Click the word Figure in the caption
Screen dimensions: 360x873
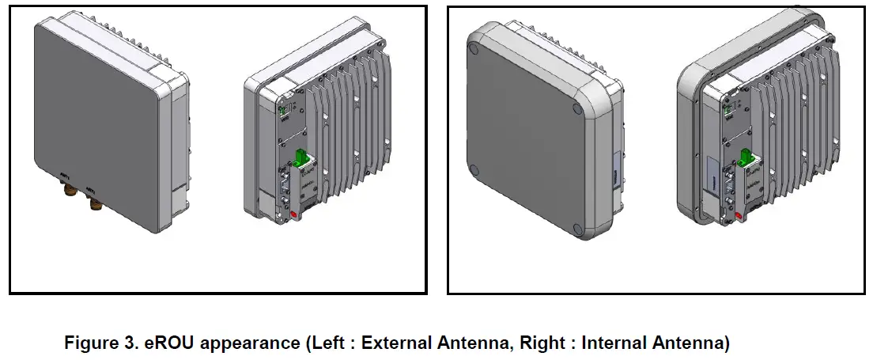[x=89, y=345]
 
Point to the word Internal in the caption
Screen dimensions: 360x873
[x=613, y=345]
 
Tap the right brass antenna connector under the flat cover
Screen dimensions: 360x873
[x=96, y=204]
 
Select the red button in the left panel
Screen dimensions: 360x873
[x=293, y=214]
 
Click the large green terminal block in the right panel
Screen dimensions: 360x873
[x=745, y=157]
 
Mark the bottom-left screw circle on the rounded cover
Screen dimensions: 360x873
[x=473, y=169]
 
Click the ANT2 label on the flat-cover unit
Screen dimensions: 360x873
[x=93, y=189]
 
